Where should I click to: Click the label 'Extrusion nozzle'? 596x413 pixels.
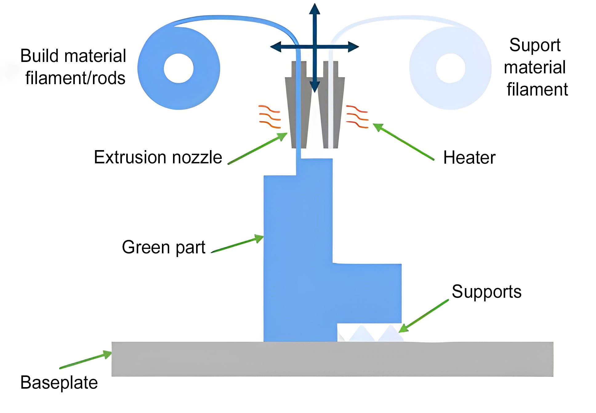point(158,157)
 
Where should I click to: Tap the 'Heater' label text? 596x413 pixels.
point(469,158)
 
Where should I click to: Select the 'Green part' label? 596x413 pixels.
point(163,247)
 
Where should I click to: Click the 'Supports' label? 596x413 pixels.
point(486,292)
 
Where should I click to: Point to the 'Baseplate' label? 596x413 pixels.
point(59,382)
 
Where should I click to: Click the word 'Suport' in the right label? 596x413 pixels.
point(535,45)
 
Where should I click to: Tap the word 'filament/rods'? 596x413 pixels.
point(75,78)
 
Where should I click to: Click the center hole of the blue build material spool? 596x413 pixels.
point(179,68)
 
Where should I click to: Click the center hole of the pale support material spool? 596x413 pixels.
point(450,68)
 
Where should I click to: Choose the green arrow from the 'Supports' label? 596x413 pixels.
point(424,316)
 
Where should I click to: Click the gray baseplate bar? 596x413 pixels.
point(332,359)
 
